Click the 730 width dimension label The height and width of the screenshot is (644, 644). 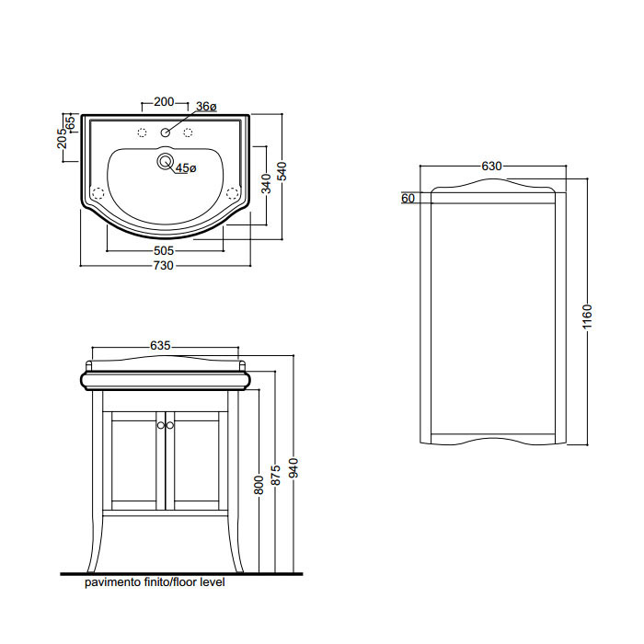coord(164,266)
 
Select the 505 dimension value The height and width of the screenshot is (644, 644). coord(164,250)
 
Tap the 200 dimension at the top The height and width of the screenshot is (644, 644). coord(164,102)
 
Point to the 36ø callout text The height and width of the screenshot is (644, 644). coord(206,107)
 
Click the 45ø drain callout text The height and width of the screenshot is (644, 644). coord(186,168)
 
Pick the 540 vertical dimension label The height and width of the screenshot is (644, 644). coord(282,172)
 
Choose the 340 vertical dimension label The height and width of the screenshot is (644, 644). coord(266,184)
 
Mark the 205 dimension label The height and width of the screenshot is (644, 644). coord(62,138)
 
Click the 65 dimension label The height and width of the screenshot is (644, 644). coord(70,122)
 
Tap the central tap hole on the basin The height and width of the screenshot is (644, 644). coord(165,132)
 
